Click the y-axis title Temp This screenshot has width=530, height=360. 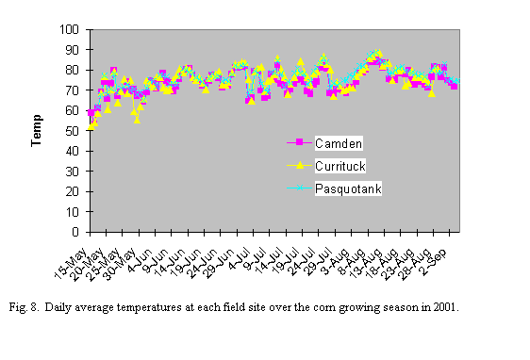click(x=36, y=131)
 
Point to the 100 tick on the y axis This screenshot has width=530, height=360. click(x=70, y=29)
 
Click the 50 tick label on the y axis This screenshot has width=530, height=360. click(x=73, y=131)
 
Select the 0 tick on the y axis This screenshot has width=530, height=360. click(x=75, y=232)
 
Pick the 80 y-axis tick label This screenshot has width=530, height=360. click(x=73, y=70)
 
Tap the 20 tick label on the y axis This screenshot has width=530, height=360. click(x=73, y=191)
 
